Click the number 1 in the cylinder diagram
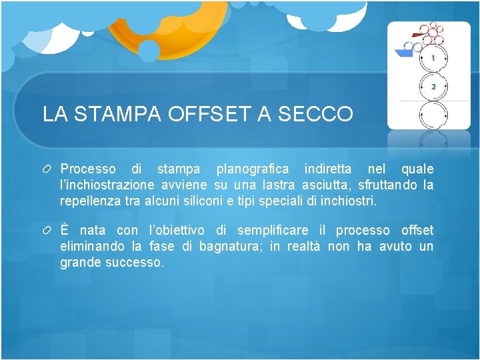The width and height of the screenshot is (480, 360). tap(433, 59)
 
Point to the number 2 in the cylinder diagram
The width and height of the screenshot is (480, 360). tap(433, 87)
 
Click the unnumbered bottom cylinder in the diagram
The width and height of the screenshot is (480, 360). tap(433, 115)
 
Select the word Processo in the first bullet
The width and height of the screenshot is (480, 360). tap(88, 169)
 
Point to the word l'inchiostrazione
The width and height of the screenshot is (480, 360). tap(107, 185)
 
